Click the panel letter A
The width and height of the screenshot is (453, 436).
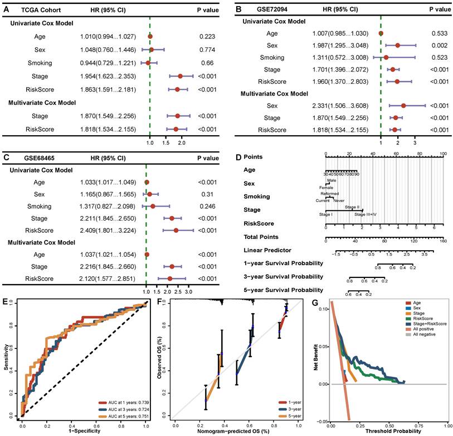pos(7,10)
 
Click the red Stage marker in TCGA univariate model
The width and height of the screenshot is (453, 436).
pos(181,76)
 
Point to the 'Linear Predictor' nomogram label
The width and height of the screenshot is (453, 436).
pos(266,250)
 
